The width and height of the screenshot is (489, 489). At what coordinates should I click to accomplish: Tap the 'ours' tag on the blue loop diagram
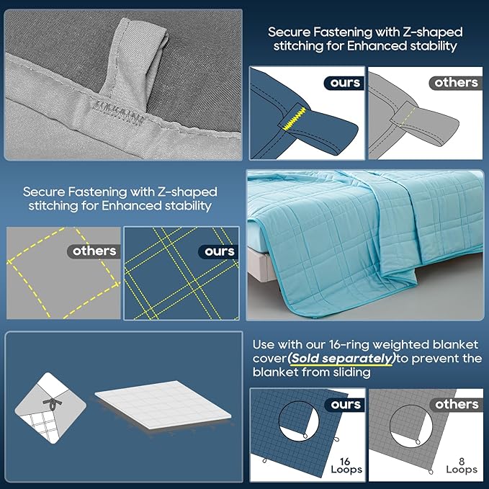coord(344,83)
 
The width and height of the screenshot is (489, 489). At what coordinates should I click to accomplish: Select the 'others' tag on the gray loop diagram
coord(456,83)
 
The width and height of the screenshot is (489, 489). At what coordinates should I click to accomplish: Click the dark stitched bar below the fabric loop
coord(119,112)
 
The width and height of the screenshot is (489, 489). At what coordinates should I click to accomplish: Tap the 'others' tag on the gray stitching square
coord(94,251)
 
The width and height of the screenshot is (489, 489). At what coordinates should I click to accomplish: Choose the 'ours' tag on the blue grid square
coord(219,251)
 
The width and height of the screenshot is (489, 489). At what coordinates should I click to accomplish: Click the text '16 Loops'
coord(346,466)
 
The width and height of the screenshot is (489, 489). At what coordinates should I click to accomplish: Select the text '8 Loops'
coord(462,466)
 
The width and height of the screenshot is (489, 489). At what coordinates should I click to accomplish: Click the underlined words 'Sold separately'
coord(341,359)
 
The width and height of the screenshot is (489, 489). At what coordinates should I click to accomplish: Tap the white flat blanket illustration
coord(163,404)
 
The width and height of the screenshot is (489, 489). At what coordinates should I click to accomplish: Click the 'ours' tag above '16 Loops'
coord(345,405)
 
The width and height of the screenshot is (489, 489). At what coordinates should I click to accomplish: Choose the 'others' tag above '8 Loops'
coord(457,405)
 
